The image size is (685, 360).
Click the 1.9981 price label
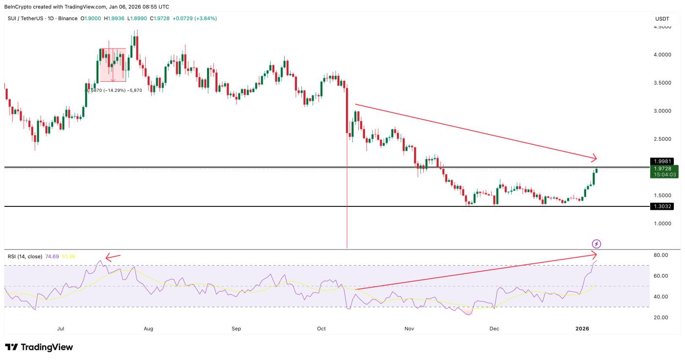coord(662,161)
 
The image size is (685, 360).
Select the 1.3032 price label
coord(662,206)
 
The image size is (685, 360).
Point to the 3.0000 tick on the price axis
coord(662,111)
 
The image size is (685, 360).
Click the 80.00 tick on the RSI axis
coord(661,255)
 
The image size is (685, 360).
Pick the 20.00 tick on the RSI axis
coord(661,317)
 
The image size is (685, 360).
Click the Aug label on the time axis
coord(149,329)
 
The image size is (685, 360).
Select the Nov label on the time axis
coord(410,329)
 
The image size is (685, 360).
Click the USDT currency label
coord(662,19)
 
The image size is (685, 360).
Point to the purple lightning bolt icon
coord(596,244)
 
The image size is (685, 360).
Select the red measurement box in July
coord(113,65)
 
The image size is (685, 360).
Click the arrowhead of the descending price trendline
coord(594,158)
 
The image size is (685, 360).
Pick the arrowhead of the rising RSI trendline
coord(594,254)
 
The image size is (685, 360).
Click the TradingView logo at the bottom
coord(39,347)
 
